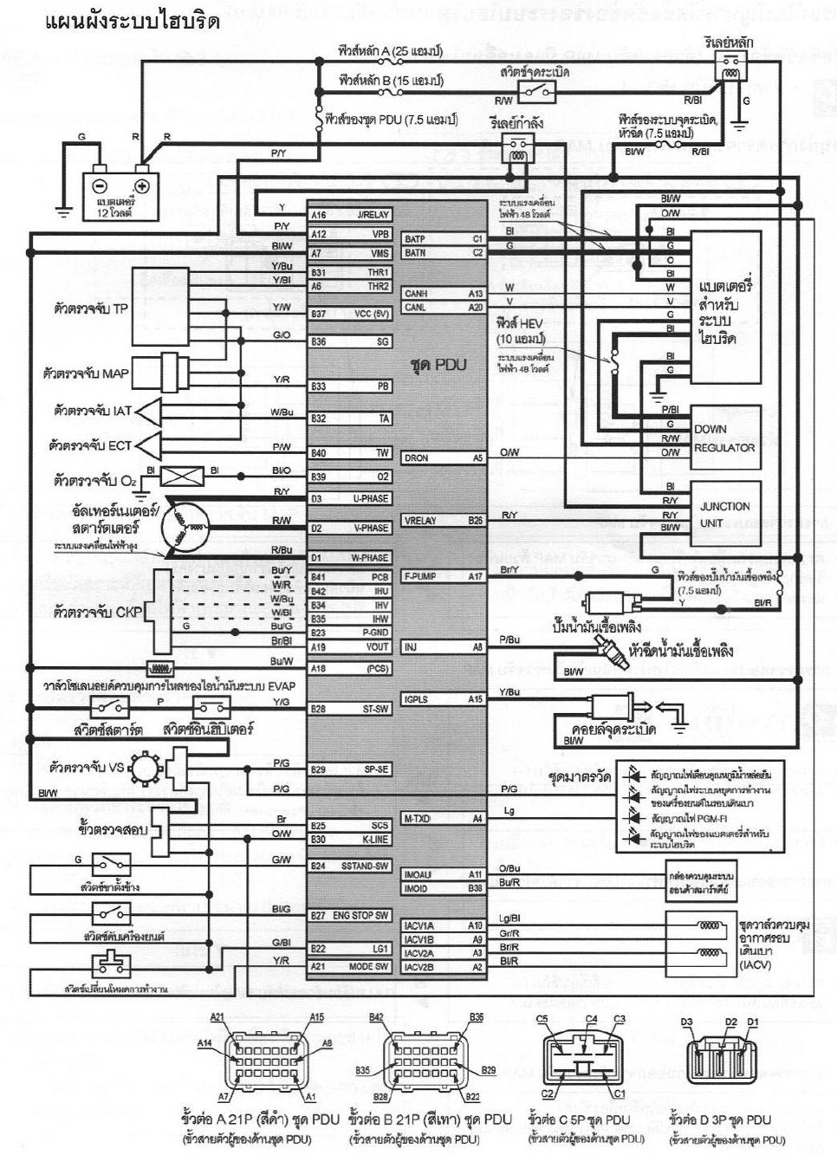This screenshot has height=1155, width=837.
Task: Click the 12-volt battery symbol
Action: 121,186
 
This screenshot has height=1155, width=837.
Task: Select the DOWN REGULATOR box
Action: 724,438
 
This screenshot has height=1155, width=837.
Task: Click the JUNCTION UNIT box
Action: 724,515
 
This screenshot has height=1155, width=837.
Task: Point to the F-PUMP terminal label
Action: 420,576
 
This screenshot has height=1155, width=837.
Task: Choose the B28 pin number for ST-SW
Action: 318,710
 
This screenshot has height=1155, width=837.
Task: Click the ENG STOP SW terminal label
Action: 360,916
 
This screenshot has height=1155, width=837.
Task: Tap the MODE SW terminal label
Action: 369,967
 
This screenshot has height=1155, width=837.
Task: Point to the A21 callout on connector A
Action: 217,1017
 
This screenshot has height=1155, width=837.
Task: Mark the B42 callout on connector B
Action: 377,1017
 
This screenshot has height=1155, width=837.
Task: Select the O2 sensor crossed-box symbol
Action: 182,475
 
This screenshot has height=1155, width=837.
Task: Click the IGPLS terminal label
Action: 416,699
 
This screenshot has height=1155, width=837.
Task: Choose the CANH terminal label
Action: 416,294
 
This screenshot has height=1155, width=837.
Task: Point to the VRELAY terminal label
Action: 420,521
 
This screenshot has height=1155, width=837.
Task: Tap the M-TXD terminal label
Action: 418,819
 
